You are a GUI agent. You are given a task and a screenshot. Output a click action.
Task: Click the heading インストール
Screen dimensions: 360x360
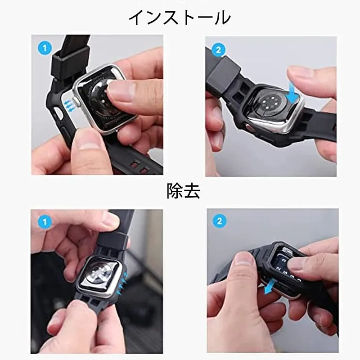(180, 18)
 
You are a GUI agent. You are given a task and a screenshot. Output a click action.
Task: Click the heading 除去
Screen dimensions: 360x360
(183, 191)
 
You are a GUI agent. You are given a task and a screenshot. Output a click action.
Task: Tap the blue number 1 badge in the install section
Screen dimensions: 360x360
(45, 48)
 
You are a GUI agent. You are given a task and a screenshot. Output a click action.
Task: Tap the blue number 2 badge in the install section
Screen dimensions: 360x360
(218, 50)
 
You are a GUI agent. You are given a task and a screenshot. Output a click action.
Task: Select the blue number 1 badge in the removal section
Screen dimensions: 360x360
(45, 222)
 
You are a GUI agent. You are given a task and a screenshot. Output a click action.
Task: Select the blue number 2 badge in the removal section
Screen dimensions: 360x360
(220, 221)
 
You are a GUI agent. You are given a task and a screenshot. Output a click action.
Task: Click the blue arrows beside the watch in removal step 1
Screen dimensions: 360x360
(122, 283)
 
